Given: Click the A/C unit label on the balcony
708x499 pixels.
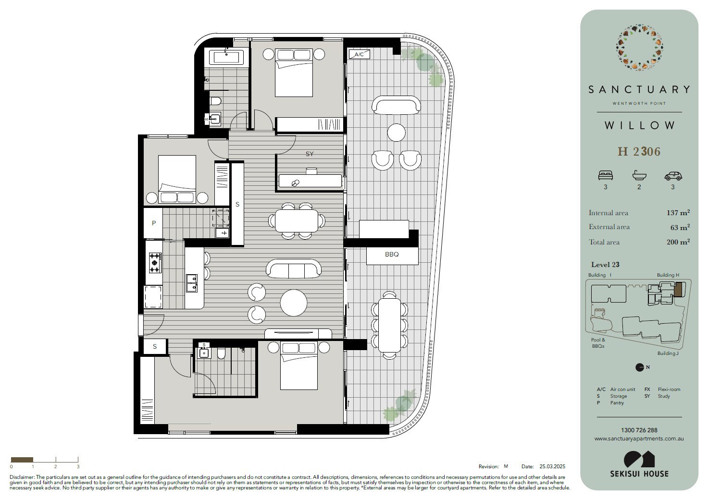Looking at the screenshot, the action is (x=359, y=54).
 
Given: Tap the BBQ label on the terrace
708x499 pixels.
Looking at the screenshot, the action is (x=392, y=254).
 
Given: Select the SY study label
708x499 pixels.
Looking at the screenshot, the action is (x=310, y=154).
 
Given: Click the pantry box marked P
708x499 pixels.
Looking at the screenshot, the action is (x=153, y=223).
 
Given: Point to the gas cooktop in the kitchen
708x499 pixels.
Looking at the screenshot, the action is (x=155, y=263).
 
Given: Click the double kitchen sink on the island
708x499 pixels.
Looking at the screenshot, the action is (x=192, y=283).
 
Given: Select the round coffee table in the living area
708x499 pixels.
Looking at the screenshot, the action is (x=294, y=303).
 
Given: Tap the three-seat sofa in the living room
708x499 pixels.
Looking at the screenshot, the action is (x=294, y=268).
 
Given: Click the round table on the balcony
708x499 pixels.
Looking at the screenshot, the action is (x=397, y=133).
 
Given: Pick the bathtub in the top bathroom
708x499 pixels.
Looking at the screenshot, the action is (x=226, y=58).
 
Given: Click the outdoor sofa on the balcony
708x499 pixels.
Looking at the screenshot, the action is (x=397, y=105).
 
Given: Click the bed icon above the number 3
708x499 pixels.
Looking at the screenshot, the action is (x=606, y=175).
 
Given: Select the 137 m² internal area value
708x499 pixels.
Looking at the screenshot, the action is (x=678, y=213).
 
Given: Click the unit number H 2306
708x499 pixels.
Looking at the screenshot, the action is (x=639, y=152).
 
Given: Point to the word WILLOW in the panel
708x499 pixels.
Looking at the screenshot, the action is (x=639, y=125).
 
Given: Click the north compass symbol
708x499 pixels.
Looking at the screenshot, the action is (x=640, y=367).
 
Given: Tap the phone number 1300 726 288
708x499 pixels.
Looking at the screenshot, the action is (x=639, y=430).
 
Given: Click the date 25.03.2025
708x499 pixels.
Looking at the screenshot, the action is (x=552, y=466).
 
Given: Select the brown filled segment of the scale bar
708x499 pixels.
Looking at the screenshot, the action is (x=22, y=460).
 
